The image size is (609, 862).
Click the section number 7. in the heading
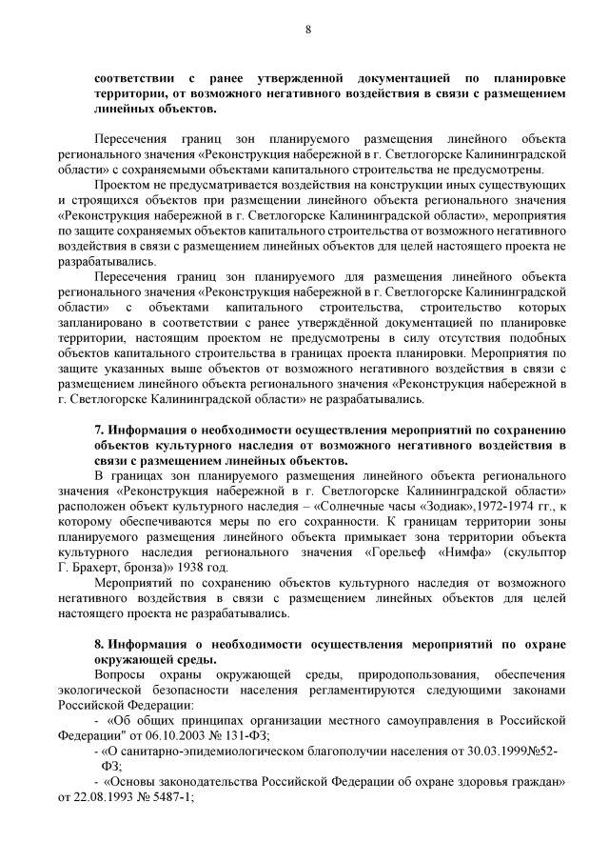[100, 430]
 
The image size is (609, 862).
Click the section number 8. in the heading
[100, 644]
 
